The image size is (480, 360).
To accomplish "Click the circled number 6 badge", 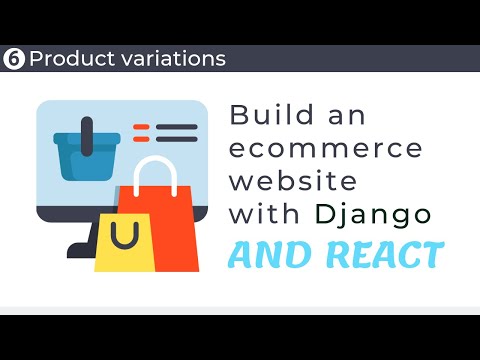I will (x=14, y=58).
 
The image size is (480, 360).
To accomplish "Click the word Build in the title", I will (x=268, y=114).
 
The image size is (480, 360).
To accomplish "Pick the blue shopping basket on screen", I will (x=82, y=159).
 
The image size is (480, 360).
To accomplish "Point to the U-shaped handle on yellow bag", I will (x=125, y=237).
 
